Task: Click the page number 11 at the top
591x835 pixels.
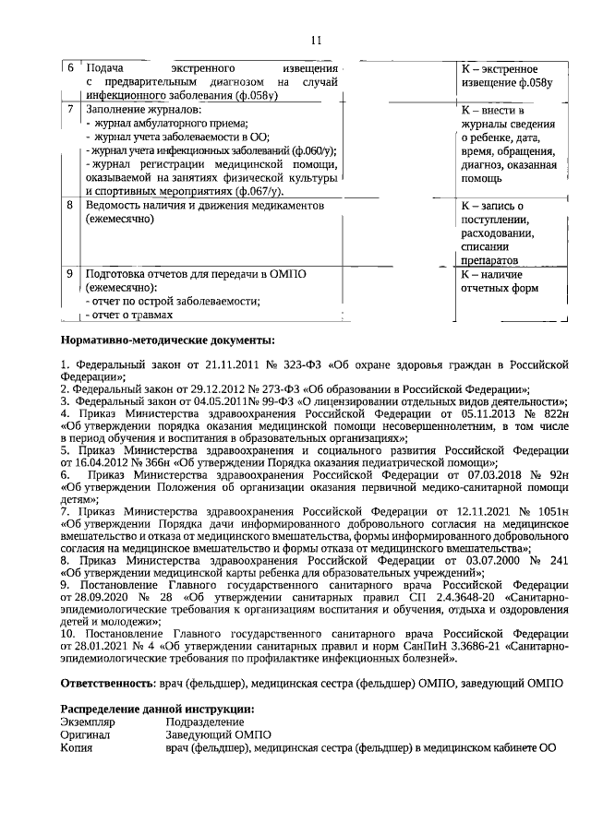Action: click(x=315, y=40)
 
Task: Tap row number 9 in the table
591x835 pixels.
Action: click(x=70, y=274)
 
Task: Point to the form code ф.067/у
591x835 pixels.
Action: click(x=265, y=189)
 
